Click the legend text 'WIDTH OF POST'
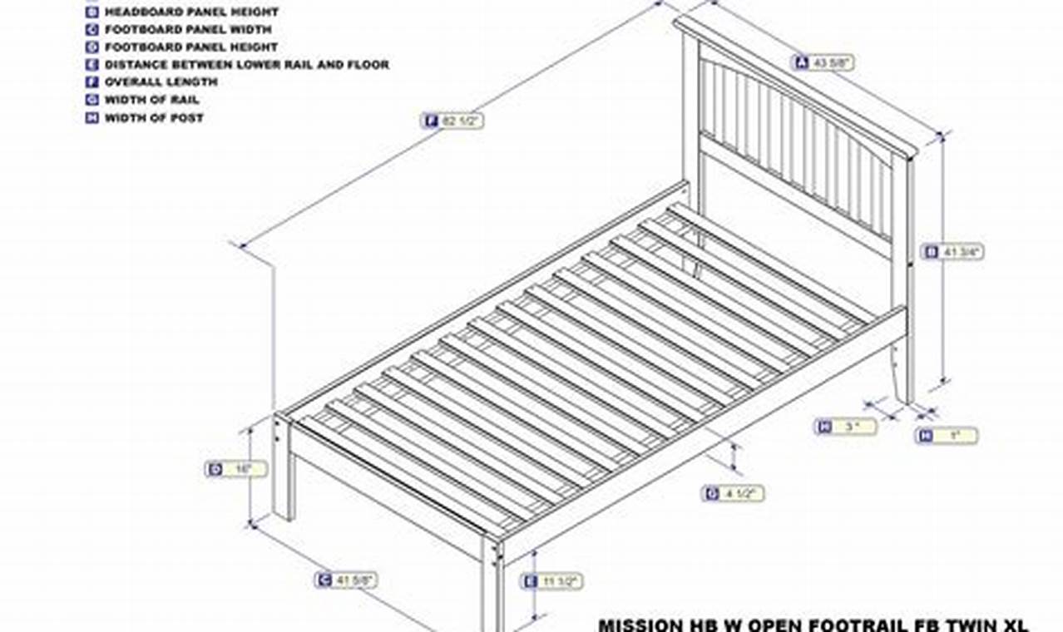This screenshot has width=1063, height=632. [154, 118]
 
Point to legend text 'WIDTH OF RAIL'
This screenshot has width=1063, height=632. [151, 100]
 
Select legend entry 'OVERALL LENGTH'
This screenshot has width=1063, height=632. [161, 82]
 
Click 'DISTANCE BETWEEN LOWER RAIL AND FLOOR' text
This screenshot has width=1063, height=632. [246, 64]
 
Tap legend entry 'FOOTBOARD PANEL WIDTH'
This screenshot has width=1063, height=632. [187, 29]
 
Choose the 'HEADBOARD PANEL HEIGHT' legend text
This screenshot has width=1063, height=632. [191, 12]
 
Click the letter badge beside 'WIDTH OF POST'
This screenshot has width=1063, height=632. [91, 118]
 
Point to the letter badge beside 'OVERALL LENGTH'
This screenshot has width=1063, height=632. [91, 82]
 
